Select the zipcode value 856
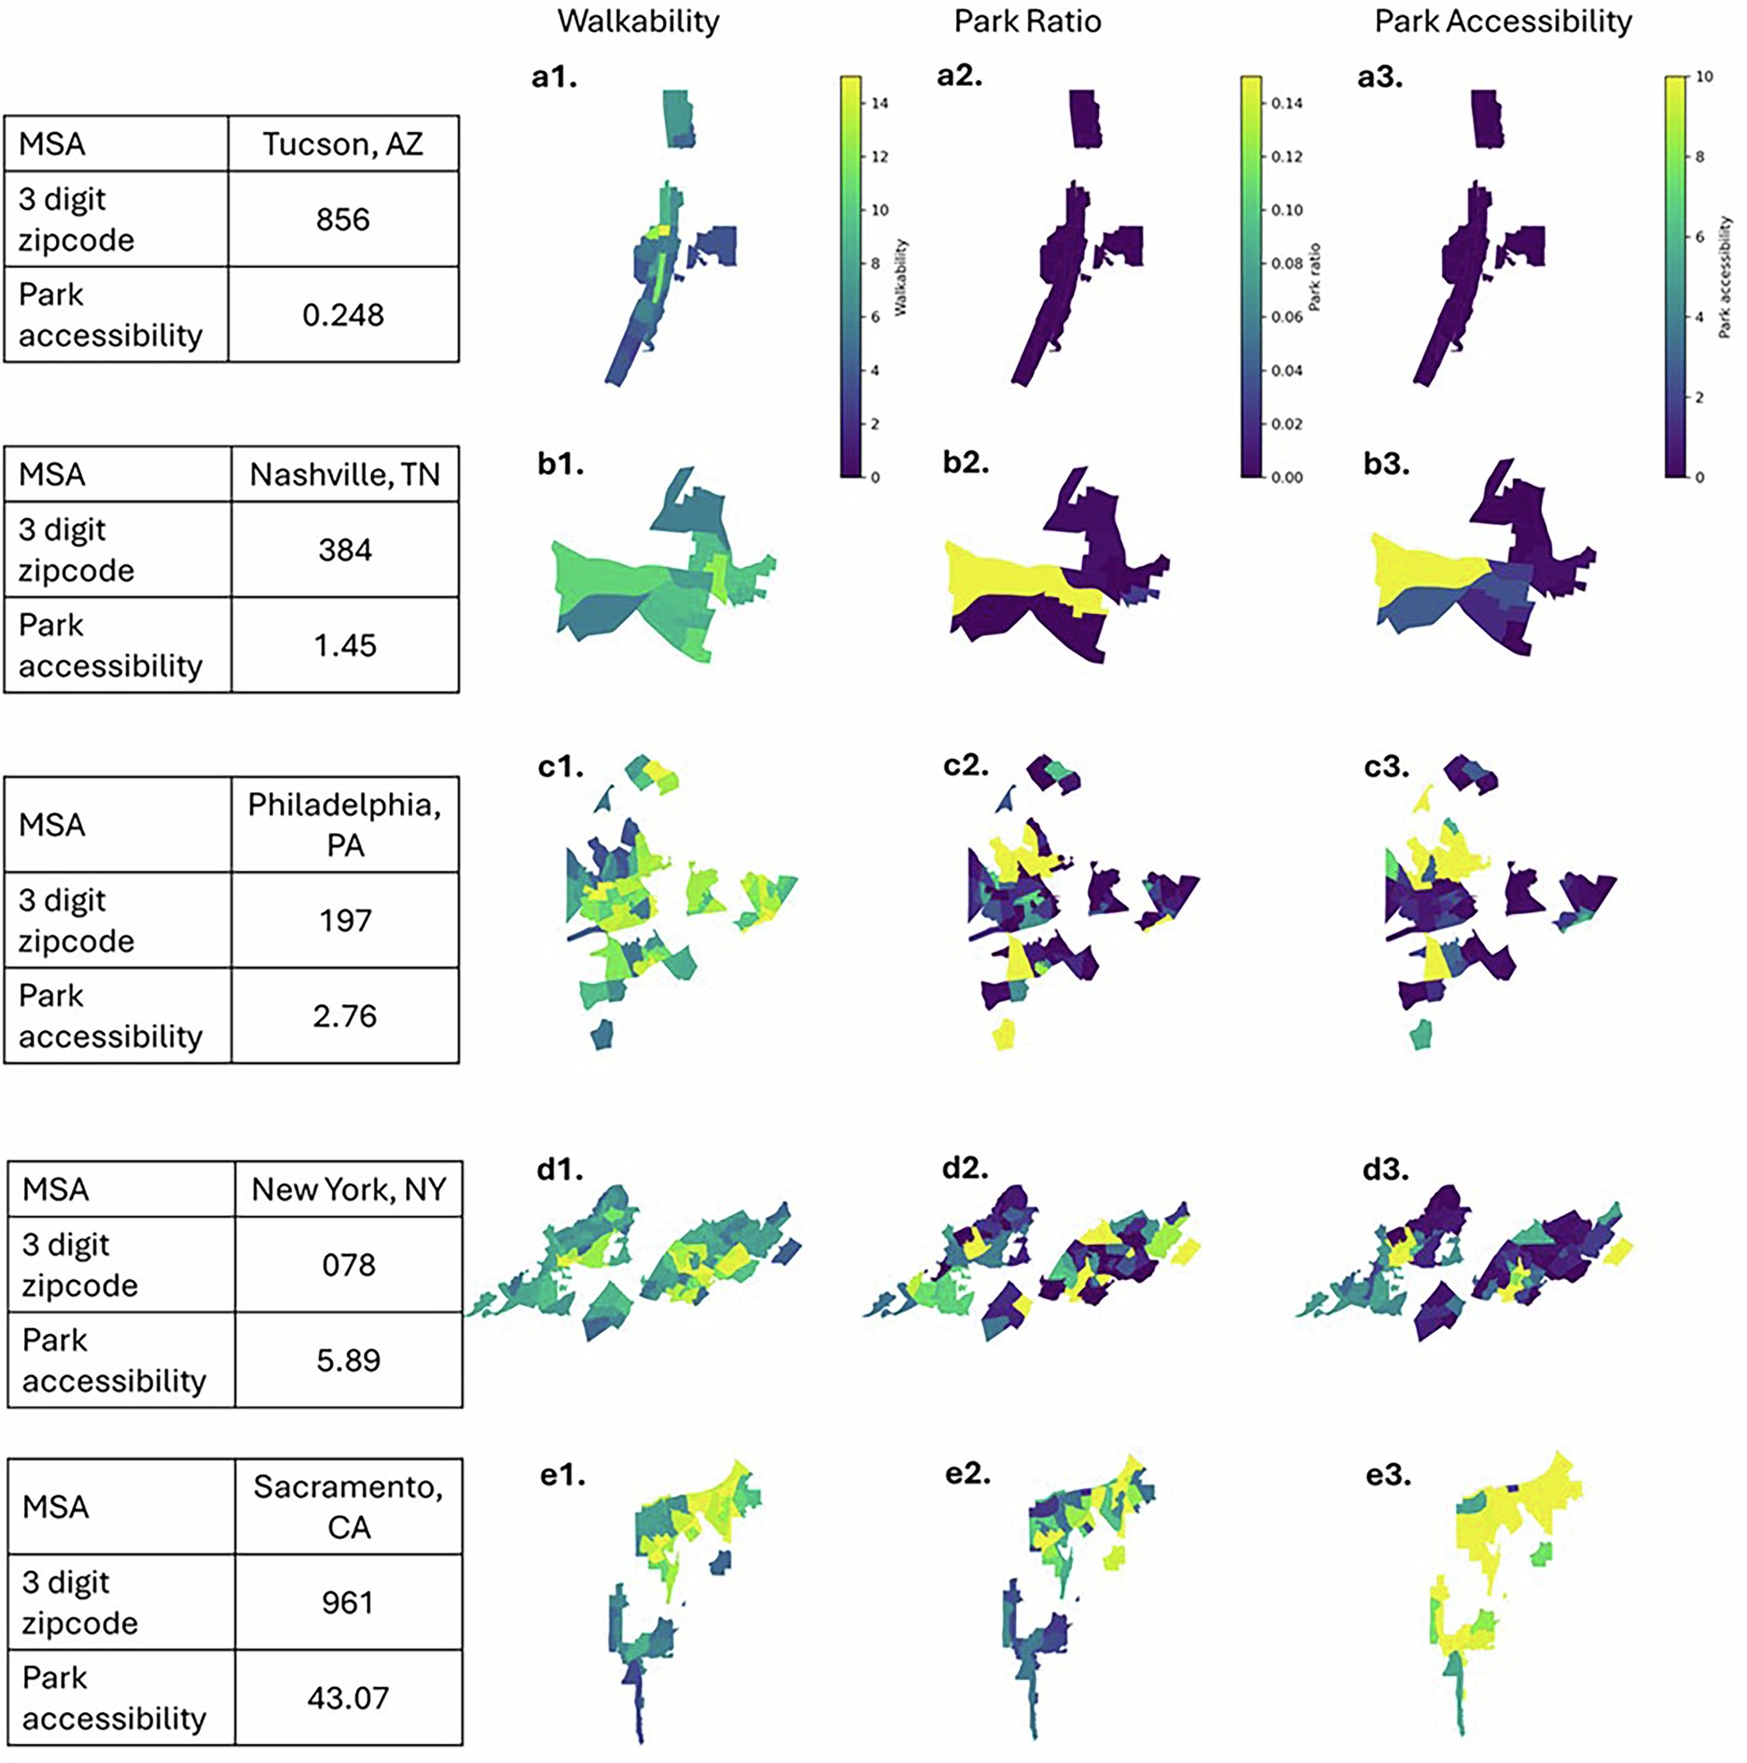(x=342, y=220)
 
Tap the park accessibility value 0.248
(x=342, y=316)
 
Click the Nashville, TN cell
(x=344, y=475)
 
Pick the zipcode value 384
(x=344, y=550)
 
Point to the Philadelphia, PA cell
(x=344, y=825)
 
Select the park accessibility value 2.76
(x=344, y=1016)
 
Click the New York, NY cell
(x=348, y=1189)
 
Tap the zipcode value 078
(x=348, y=1265)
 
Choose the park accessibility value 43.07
(x=348, y=1697)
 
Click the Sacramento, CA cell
(x=348, y=1507)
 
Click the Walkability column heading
(x=638, y=21)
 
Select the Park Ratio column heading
(x=1027, y=21)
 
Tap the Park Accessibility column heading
(x=1502, y=21)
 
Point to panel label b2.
(x=966, y=462)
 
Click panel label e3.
(x=1387, y=1475)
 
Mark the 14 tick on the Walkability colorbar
(x=878, y=104)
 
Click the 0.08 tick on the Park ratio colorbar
(x=1286, y=263)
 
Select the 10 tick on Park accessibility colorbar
(x=1703, y=77)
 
